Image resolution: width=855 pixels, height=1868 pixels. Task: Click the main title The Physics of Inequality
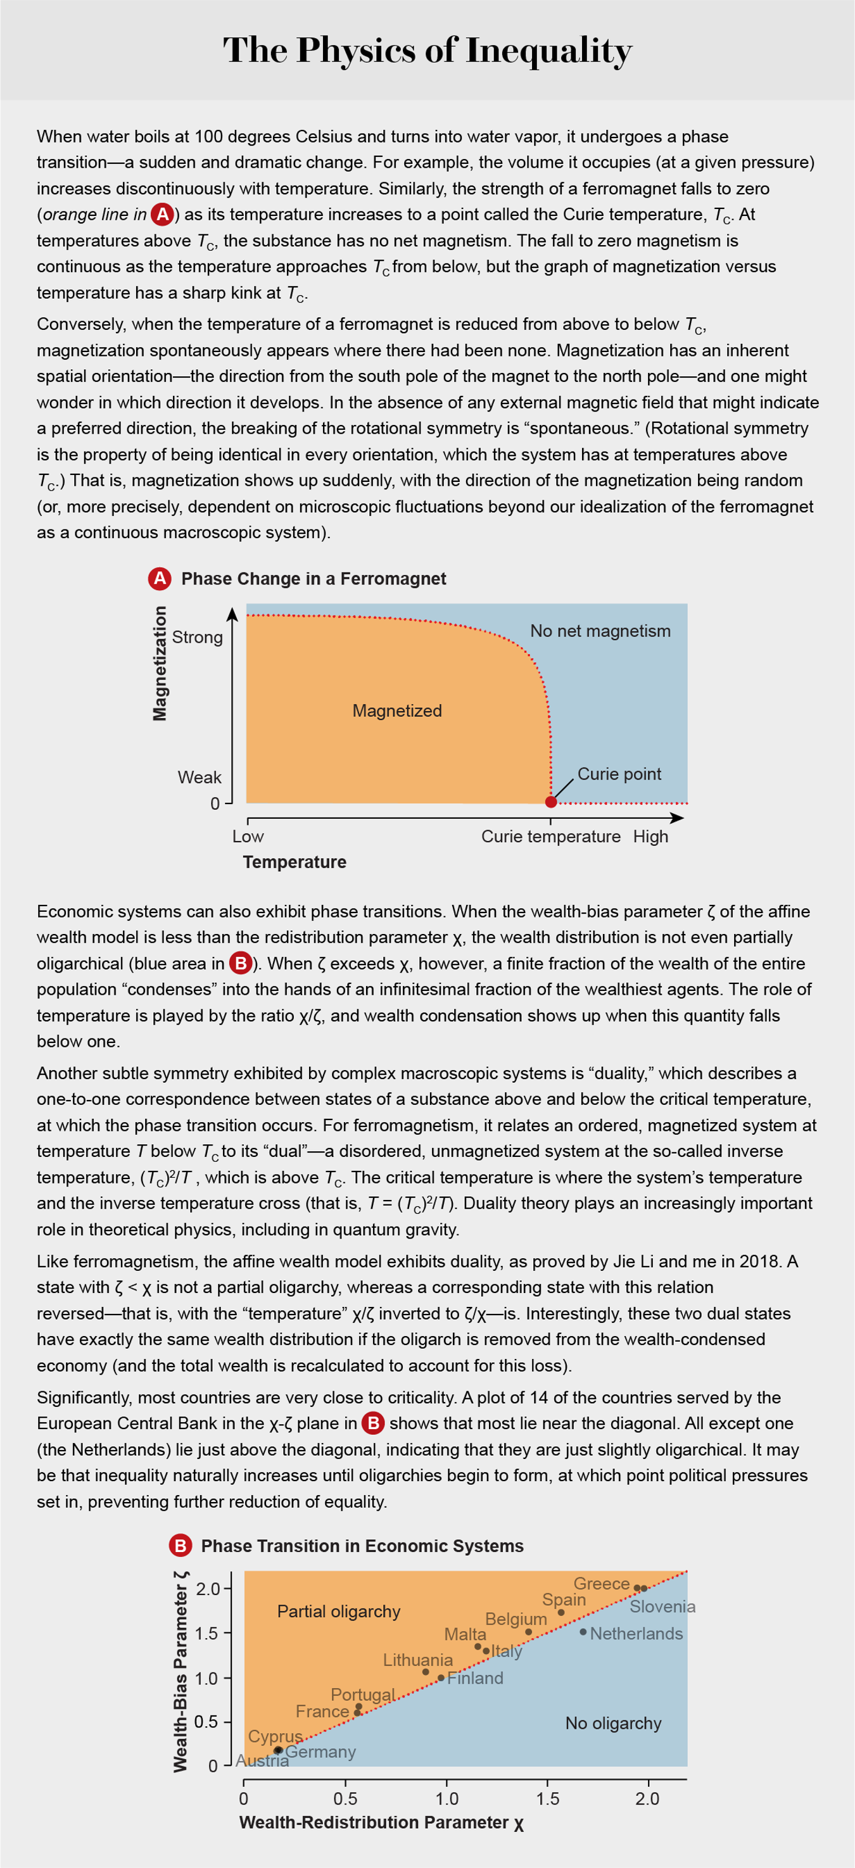pos(427,51)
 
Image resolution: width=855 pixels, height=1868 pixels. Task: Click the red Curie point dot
pos(550,801)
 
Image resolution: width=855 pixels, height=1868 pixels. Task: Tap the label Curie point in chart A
pos(619,774)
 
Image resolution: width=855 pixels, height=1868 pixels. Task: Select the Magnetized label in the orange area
pos(396,710)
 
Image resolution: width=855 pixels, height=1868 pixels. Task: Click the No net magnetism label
pos(600,631)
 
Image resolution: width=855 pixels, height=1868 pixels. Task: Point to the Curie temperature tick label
pos(550,836)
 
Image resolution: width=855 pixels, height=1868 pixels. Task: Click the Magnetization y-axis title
pos(160,664)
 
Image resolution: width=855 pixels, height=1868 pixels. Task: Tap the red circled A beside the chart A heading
pos(160,579)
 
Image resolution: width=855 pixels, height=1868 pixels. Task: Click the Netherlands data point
pos(583,1632)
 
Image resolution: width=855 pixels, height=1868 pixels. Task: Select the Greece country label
pos(600,1584)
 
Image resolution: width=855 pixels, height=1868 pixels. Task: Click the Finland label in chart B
pos(475,1678)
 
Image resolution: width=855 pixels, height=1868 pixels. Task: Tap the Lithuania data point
pos(426,1672)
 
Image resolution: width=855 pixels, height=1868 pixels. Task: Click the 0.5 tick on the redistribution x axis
pos(345,1798)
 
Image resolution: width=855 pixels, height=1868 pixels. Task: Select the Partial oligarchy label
pos(339,1612)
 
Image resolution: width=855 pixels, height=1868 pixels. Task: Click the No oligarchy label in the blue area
pos(613,1723)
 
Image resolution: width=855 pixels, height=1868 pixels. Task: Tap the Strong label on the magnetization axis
pos(197,636)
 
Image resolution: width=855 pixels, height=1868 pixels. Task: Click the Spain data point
pos(560,1613)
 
